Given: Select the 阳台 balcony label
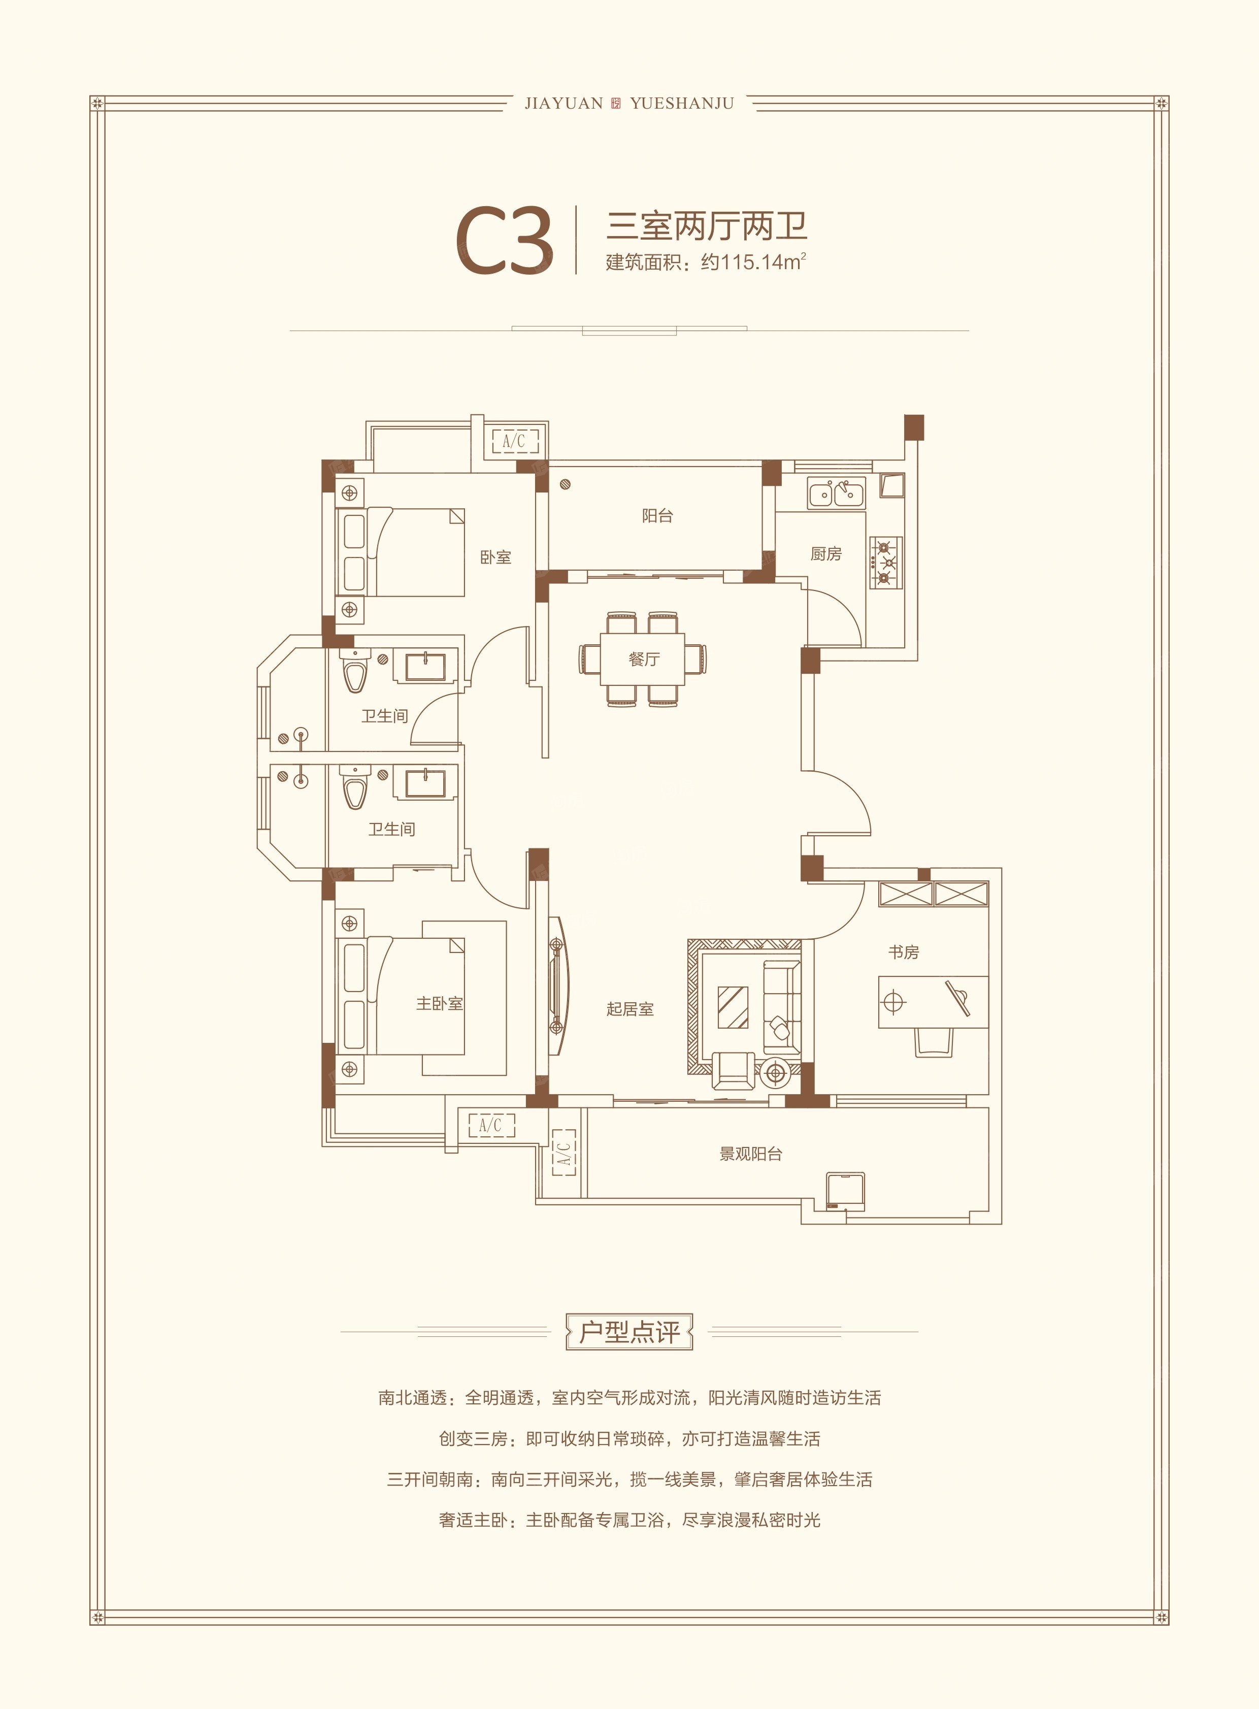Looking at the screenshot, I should (657, 516).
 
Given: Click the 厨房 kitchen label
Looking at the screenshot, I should (825, 554).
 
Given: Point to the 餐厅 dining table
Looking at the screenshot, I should (643, 660).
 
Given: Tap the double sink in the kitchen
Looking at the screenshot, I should (836, 494).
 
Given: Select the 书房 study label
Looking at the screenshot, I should (903, 952).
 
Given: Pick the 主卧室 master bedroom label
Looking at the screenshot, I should (439, 1004).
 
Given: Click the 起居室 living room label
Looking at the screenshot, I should (629, 1009).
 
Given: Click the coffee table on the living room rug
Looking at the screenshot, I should (733, 1007).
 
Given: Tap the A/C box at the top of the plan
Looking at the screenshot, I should (514, 441).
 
